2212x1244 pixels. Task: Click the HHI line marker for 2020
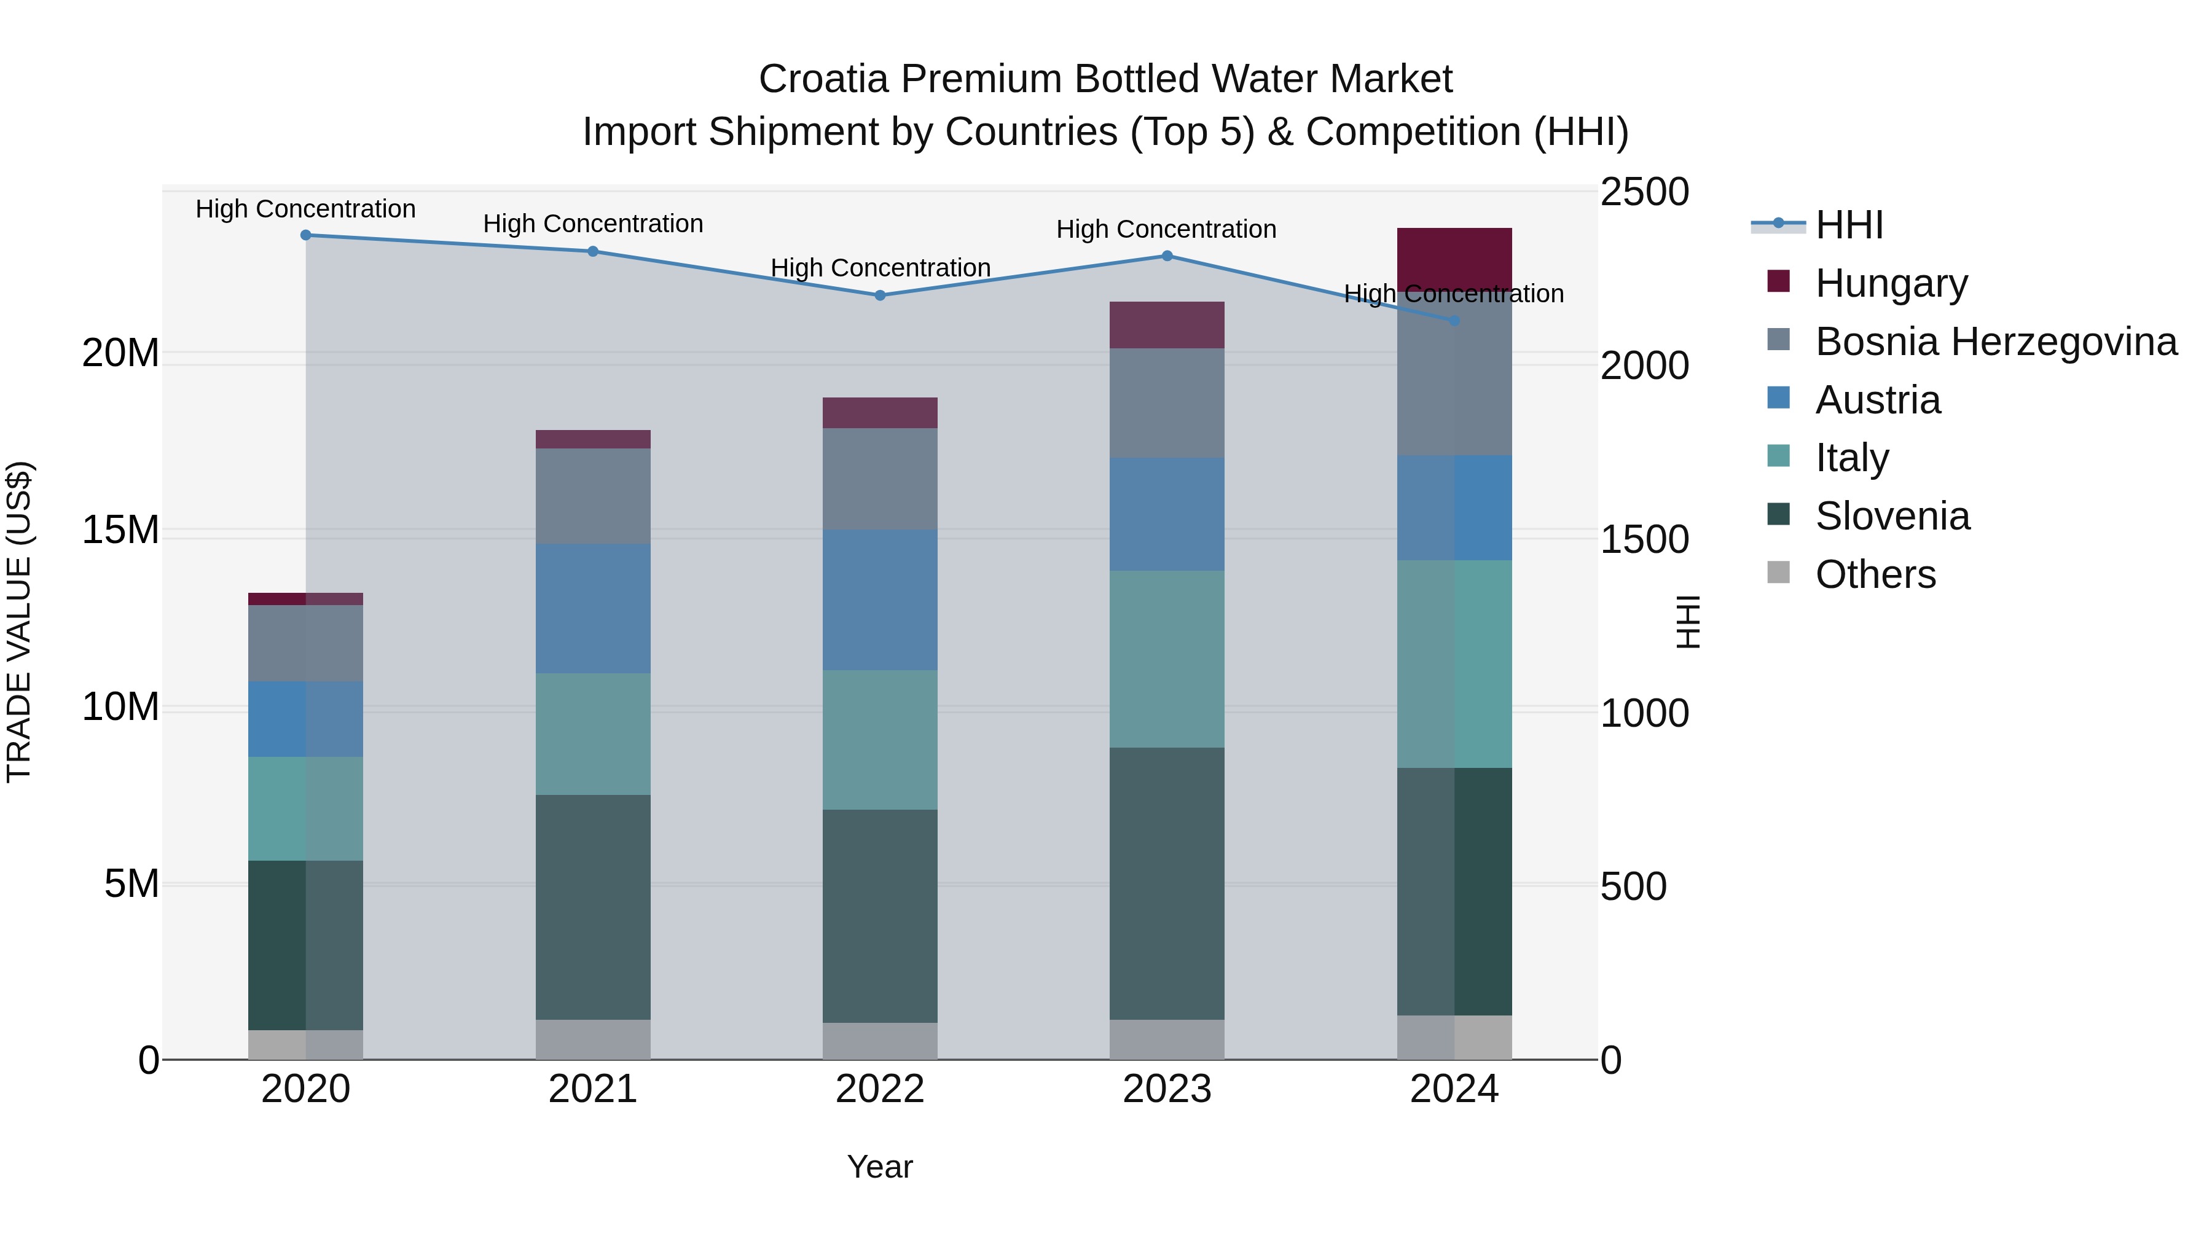click(x=306, y=235)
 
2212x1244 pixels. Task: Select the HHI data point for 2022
click(x=879, y=295)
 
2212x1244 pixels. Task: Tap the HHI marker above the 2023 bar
click(x=1167, y=256)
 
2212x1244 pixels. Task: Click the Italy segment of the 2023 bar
click(x=1167, y=659)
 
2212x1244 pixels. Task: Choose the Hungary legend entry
click(x=1890, y=283)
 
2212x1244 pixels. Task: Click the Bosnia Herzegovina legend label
click(x=1996, y=342)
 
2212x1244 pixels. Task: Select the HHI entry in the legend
click(x=1849, y=225)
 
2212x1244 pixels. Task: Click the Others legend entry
click(x=1875, y=574)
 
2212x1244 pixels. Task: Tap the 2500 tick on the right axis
click(x=1644, y=192)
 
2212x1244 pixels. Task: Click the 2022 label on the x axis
click(x=879, y=1089)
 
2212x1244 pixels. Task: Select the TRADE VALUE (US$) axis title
click(x=19, y=622)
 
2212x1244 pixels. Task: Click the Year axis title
click(x=879, y=1167)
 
